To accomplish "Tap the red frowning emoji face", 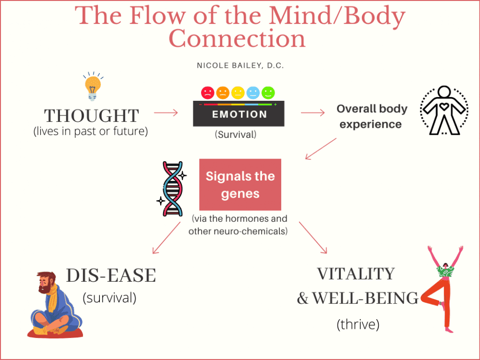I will (x=208, y=92).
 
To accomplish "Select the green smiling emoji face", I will (x=268, y=92).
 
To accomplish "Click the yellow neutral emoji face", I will (x=238, y=92).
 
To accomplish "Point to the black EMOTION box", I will (x=238, y=115).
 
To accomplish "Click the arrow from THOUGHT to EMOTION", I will (x=166, y=113).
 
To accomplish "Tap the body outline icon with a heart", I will (x=444, y=110).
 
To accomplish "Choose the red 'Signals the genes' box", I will (x=240, y=185).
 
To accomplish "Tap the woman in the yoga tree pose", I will (x=444, y=288).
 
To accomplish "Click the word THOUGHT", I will (x=91, y=116).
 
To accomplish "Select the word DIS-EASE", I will (x=111, y=276).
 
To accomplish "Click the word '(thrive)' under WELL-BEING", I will (x=358, y=324).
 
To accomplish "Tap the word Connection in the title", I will (x=238, y=38).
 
